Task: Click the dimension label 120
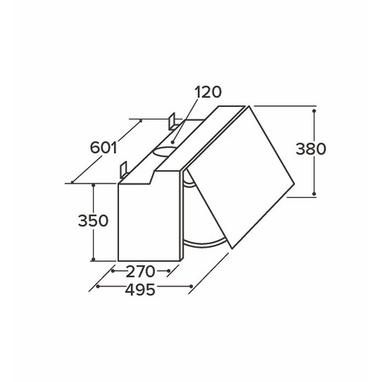(x=208, y=92)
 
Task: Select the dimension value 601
(x=103, y=147)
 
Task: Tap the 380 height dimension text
(x=311, y=149)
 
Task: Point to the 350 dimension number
(x=93, y=221)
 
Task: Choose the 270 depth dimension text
(x=140, y=272)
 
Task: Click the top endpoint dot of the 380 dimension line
(x=314, y=110)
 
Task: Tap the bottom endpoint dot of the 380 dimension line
(x=314, y=194)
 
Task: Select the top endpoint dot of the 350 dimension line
(x=94, y=185)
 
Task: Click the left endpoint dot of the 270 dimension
(x=113, y=271)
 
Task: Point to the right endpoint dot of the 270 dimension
(x=168, y=271)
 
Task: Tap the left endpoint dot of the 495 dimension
(x=98, y=286)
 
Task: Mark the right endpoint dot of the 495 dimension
(x=190, y=286)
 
